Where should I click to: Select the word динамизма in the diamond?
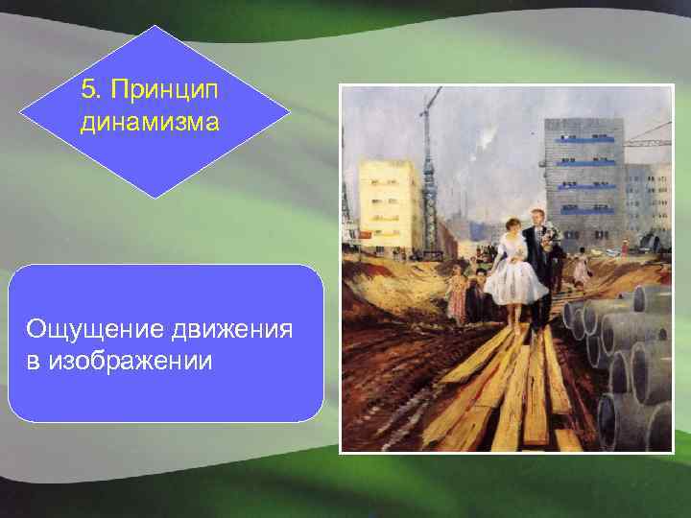[151, 123]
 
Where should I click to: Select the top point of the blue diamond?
[155, 26]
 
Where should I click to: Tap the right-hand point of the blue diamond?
[290, 111]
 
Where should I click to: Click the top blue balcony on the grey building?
[586, 140]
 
